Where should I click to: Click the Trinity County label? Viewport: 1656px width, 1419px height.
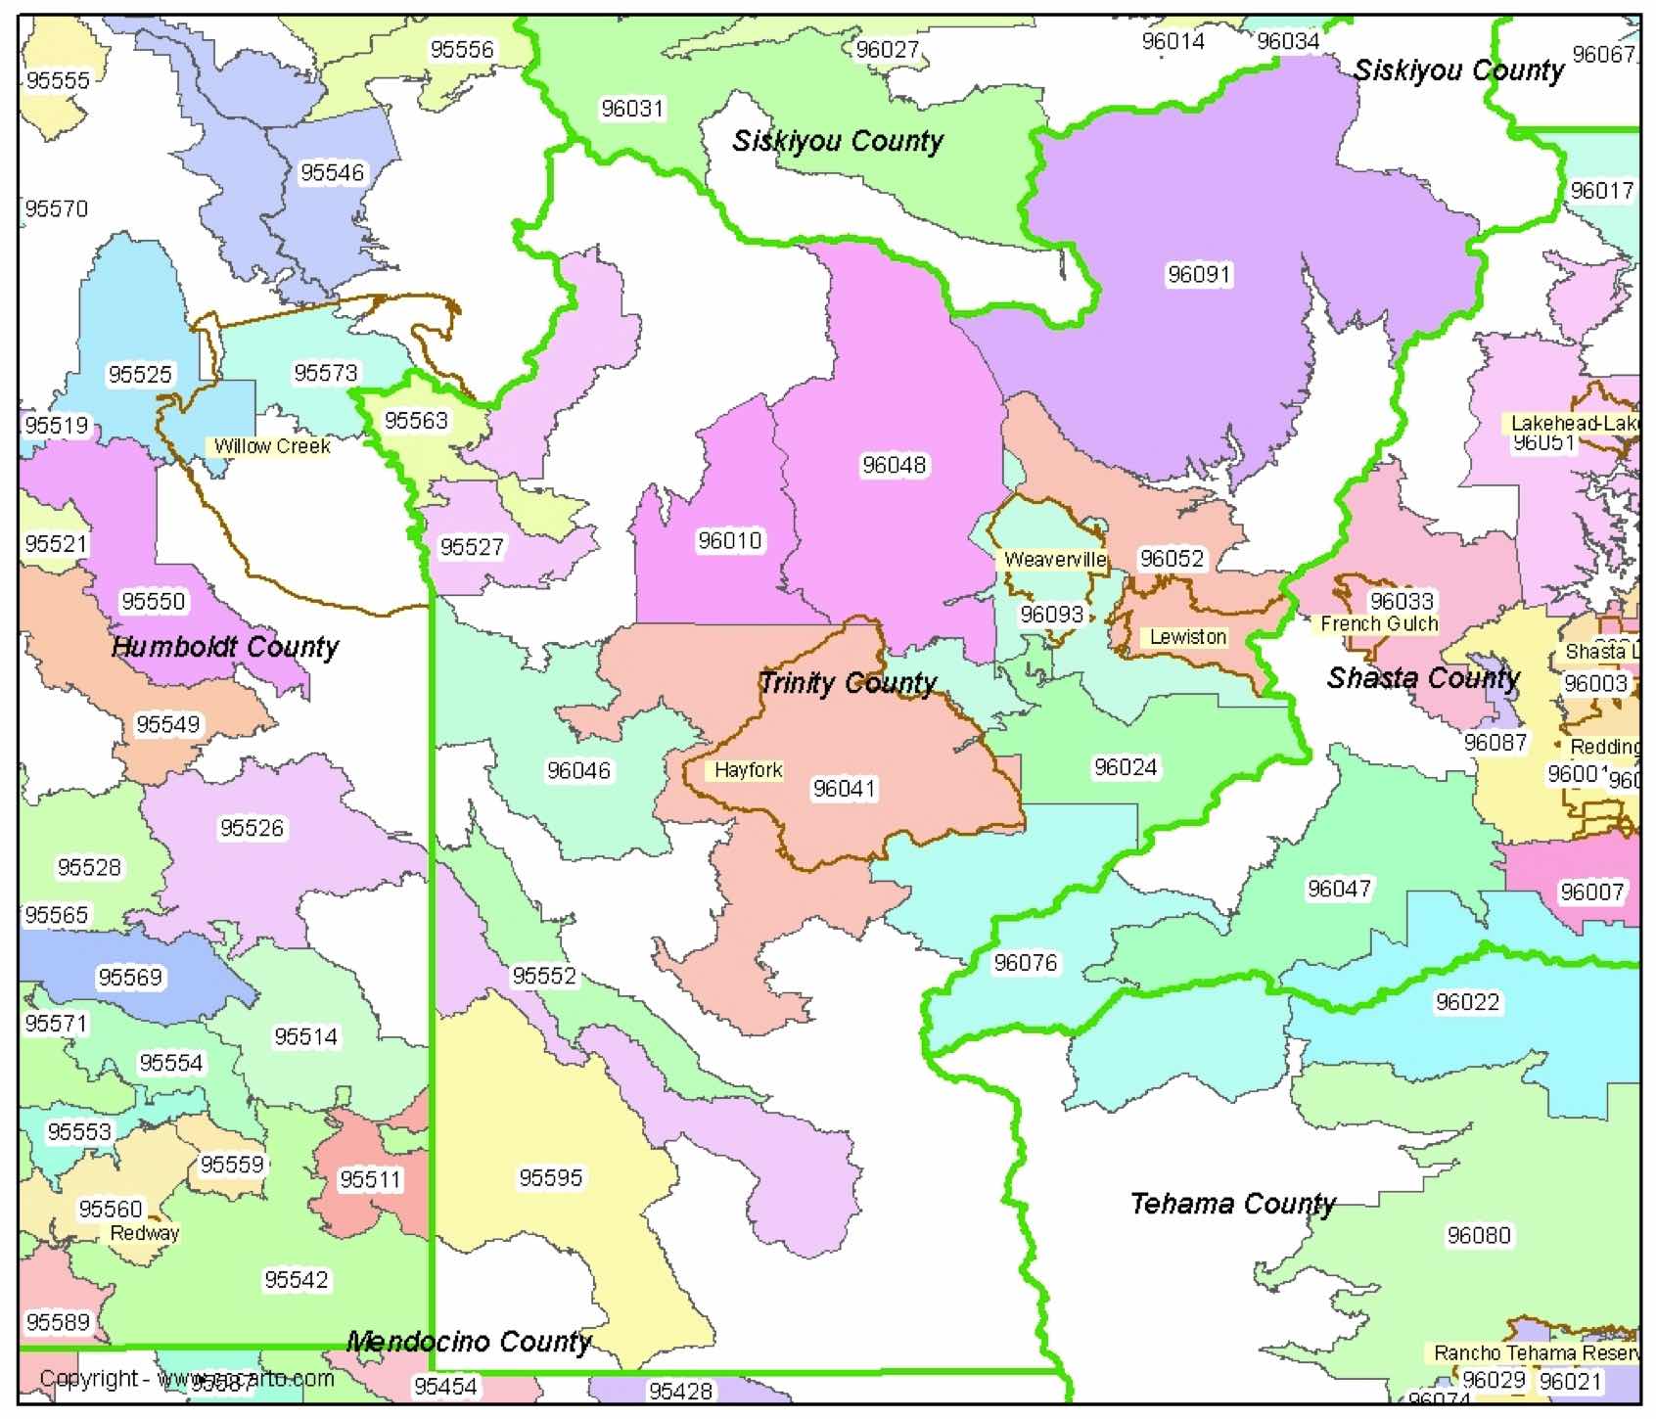[848, 682]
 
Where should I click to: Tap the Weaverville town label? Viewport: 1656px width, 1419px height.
[1054, 560]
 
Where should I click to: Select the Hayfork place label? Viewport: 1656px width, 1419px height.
[748, 770]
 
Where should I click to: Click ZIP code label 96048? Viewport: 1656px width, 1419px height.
[894, 465]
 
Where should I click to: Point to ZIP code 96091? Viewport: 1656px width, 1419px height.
[1199, 274]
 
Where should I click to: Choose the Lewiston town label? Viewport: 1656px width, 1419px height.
[1187, 637]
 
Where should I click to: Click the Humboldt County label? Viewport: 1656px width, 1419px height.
[224, 647]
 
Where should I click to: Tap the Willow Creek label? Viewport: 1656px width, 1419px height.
[272, 446]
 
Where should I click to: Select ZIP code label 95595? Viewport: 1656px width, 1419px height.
[550, 1177]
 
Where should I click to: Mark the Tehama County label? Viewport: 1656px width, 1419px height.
[1232, 1203]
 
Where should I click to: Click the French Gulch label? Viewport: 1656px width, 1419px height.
[1378, 623]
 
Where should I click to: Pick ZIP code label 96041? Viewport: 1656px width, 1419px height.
[844, 789]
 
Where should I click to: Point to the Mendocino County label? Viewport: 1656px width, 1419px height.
[469, 1342]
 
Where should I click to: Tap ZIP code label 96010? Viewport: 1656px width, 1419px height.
[729, 540]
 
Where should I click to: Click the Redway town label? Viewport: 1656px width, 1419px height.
[144, 1233]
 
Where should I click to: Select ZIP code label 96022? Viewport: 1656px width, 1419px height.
[1467, 1002]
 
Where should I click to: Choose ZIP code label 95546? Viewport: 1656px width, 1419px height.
[332, 172]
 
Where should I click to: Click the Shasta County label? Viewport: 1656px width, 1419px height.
[1422, 678]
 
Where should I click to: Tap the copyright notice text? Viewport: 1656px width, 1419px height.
[186, 1379]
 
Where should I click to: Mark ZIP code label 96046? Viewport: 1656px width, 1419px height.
[578, 771]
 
